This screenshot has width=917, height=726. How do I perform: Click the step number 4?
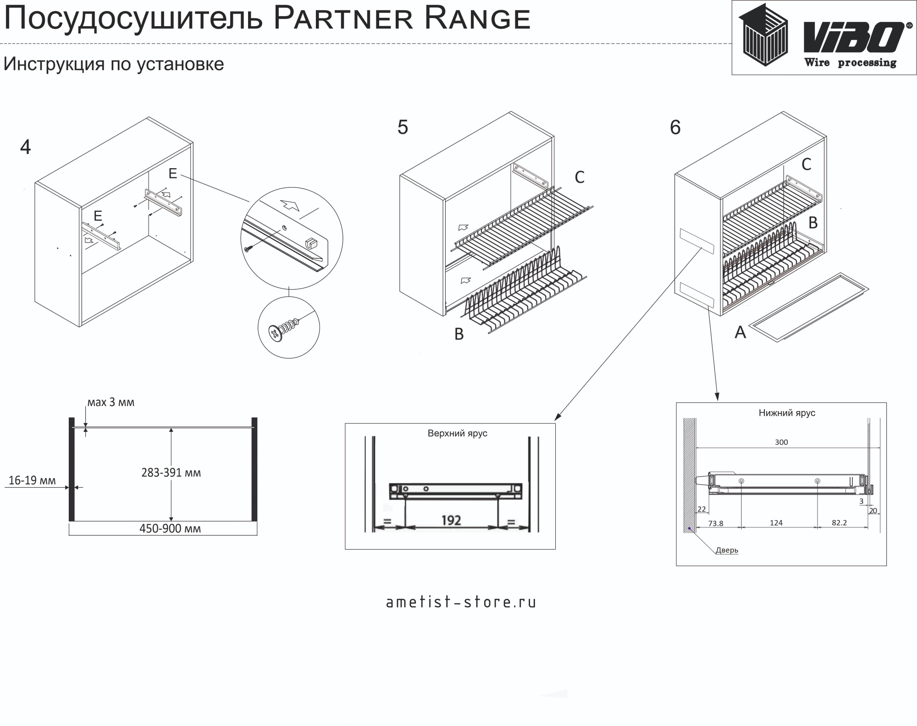pos(26,147)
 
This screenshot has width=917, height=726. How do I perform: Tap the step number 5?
pos(403,127)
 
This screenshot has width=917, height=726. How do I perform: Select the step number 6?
pos(675,127)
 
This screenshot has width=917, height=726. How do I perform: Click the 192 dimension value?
pos(451,520)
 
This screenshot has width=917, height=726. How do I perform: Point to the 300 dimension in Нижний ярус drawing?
pos(781,442)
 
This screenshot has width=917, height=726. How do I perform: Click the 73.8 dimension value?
pos(716,523)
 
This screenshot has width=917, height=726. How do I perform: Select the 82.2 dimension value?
pos(839,523)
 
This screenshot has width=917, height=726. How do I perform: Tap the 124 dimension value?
pos(776,523)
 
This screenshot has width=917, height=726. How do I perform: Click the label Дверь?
pos(727,550)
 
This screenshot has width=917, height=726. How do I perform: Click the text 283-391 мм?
pos(171,473)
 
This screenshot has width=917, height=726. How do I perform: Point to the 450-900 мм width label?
pos(170,528)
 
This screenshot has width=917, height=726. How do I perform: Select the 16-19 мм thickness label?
pos(32,480)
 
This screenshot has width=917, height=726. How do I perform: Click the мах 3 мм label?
pos(111,402)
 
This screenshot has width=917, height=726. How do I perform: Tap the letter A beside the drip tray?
pos(740,332)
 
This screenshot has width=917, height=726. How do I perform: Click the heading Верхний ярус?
pos(457,433)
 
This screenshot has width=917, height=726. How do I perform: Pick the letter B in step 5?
pos(459,335)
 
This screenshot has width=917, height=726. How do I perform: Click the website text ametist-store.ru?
pos(461,602)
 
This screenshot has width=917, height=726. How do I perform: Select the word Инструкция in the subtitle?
pos(54,64)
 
